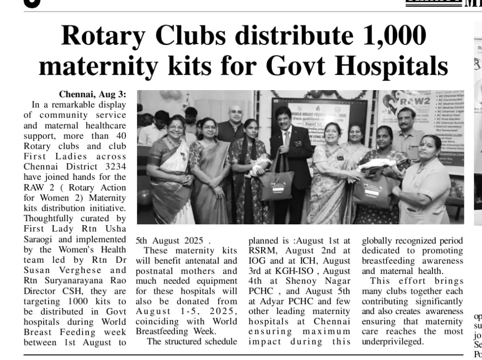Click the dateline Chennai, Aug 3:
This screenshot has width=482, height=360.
coord(92,95)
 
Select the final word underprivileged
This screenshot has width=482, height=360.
coord(393,342)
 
